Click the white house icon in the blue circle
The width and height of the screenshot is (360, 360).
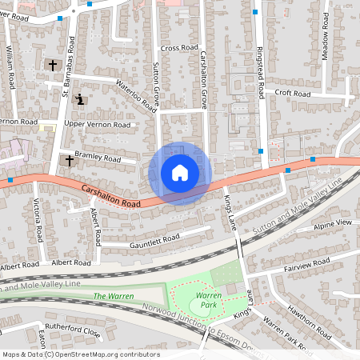180,173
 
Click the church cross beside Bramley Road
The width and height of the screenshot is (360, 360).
69,161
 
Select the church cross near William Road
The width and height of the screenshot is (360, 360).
54,65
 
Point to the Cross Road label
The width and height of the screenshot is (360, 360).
178,48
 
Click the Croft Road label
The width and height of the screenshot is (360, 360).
292,93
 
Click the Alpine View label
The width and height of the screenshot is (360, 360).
333,222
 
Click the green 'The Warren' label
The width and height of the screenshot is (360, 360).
110,297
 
